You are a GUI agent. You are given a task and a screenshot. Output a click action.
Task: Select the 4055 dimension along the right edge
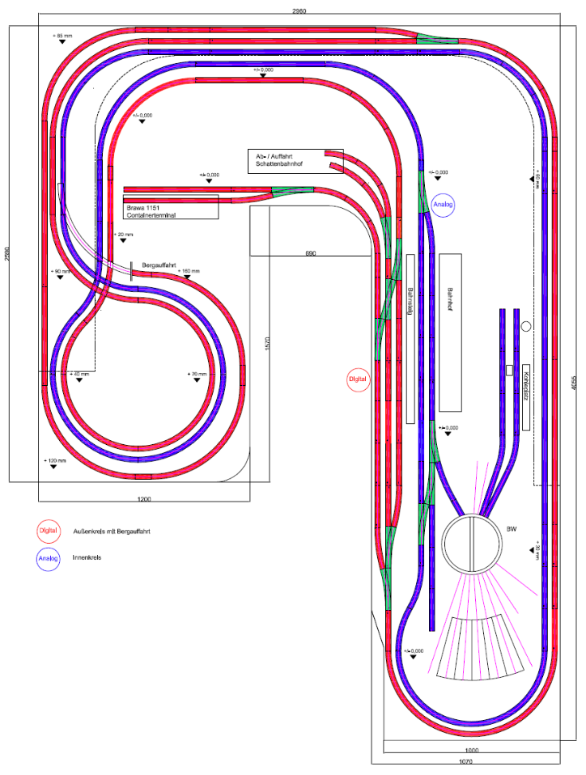pyautogui.click(x=572, y=387)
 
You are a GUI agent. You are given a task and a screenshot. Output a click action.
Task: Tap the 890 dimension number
pyautogui.click(x=310, y=253)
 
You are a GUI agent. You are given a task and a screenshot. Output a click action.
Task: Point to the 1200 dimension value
pyautogui.click(x=145, y=499)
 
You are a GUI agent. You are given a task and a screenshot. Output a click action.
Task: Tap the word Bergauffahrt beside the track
pyautogui.click(x=160, y=265)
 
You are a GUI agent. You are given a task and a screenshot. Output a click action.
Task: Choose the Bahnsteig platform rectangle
pyautogui.click(x=410, y=338)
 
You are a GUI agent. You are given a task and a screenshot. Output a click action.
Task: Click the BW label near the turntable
pyautogui.click(x=511, y=529)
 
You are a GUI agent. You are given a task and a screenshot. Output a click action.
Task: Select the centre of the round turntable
pyautogui.click(x=472, y=543)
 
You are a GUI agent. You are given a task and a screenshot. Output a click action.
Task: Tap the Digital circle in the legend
pyautogui.click(x=49, y=531)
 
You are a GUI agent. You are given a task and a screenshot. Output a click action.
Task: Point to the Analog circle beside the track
pyautogui.click(x=444, y=205)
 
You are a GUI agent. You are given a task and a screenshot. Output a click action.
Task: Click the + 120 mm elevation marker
pyautogui.click(x=55, y=460)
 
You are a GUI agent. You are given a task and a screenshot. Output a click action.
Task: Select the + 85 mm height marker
pyautogui.click(x=62, y=37)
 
